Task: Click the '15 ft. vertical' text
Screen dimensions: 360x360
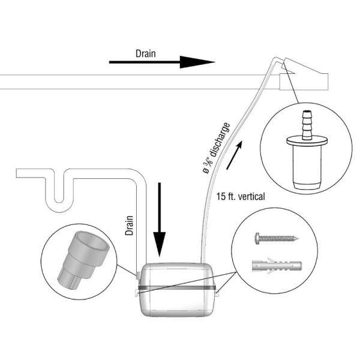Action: click(240, 196)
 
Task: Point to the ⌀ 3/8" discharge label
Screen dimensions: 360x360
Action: click(216, 147)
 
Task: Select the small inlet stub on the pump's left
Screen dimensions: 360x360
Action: click(137, 275)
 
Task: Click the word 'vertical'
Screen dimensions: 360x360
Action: click(252, 196)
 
